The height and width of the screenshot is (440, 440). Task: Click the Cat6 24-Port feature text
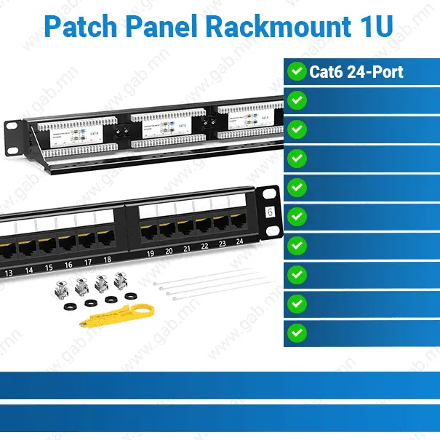click(356, 71)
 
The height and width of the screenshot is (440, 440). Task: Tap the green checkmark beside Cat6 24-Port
click(297, 71)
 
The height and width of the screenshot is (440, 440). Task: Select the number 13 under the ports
click(9, 273)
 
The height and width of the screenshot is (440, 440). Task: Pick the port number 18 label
click(107, 259)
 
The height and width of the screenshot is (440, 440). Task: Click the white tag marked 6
click(270, 212)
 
